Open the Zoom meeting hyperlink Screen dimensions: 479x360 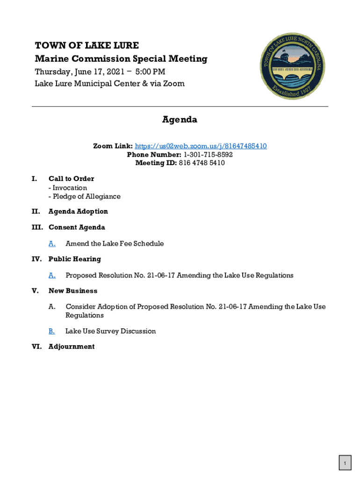tap(201, 146)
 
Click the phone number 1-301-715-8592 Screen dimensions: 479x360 tap(208, 155)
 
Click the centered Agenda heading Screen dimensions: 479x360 tap(180, 120)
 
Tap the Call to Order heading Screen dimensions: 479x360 tap(71, 179)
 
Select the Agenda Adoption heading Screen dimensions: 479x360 tap(78, 211)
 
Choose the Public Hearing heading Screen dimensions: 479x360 tap(74, 259)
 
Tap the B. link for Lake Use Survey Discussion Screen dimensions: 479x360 tap(52, 331)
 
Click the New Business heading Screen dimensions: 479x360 tap(73, 291)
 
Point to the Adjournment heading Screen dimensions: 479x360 tap(72, 347)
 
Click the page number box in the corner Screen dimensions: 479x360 tap(345, 464)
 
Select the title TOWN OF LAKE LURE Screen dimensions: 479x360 tap(87, 46)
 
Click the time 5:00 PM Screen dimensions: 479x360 tap(150, 72)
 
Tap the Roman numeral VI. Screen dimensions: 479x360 tap(36, 347)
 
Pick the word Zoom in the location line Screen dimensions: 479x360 tap(174, 84)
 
